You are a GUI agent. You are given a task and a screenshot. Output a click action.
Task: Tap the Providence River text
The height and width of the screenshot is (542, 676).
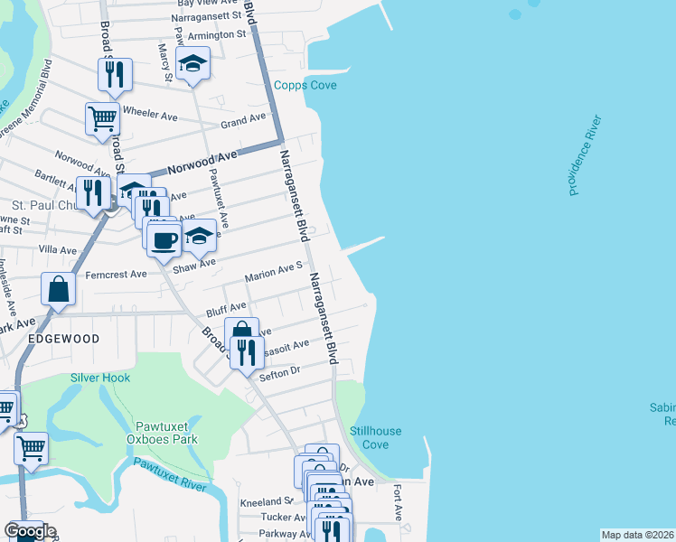(x=585, y=154)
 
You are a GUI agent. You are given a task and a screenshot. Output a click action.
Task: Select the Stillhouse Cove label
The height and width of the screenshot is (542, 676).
(x=375, y=438)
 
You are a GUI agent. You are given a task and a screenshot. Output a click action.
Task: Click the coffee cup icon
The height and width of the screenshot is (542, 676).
(x=164, y=239)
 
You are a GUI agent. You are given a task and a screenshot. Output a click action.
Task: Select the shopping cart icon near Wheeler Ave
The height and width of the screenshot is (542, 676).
(x=102, y=117)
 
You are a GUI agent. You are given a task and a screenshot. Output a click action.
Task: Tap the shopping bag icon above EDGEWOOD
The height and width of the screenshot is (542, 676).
(x=58, y=289)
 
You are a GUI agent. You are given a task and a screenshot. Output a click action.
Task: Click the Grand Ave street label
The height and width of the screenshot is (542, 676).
(x=243, y=119)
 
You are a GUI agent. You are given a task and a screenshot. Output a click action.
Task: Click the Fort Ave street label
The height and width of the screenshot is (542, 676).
(x=398, y=503)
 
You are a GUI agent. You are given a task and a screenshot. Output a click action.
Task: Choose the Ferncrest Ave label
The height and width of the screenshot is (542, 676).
(x=116, y=274)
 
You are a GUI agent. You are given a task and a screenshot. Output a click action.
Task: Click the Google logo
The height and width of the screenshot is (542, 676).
(x=29, y=531)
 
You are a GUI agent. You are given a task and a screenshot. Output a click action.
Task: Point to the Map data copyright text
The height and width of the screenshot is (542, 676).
(x=637, y=535)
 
